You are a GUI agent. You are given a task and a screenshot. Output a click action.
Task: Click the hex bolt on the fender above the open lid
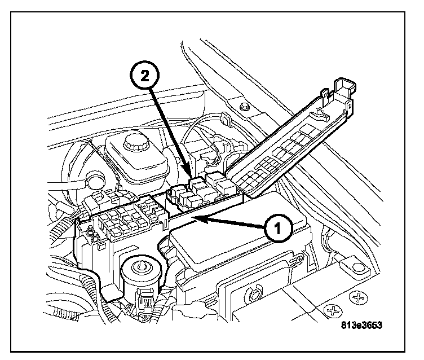point(243,107)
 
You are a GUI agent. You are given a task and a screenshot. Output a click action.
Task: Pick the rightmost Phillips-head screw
point(359,297)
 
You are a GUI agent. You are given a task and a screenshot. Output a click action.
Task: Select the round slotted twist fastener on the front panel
point(252,293)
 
